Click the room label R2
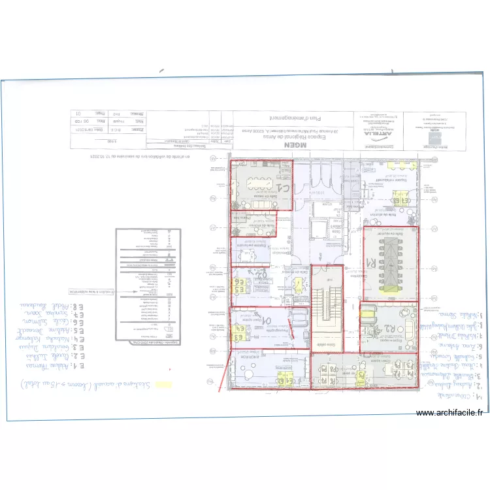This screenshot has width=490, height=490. (385, 328)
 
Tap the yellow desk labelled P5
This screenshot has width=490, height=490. (362, 376)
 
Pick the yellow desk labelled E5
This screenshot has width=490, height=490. (240, 286)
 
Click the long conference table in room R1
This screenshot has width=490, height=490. (389, 260)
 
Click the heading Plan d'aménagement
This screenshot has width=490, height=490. (281, 118)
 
